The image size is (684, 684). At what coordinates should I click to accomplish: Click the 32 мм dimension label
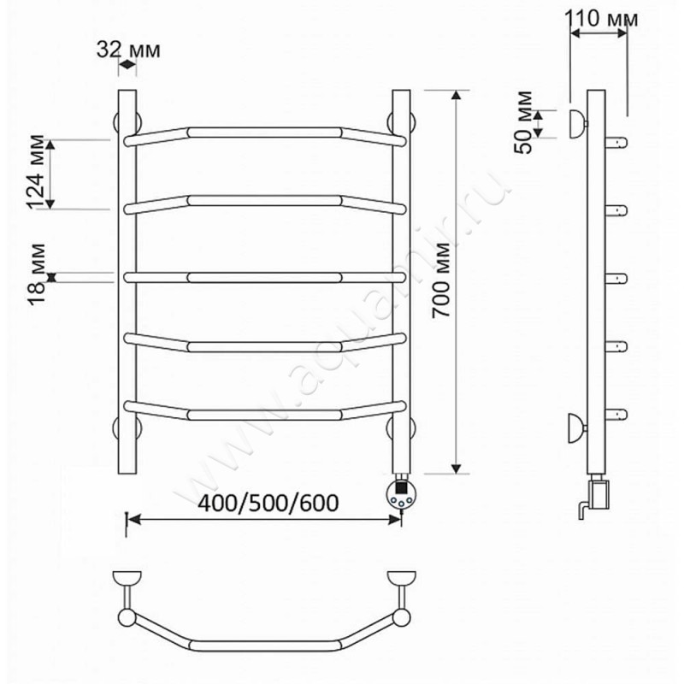coord(128,50)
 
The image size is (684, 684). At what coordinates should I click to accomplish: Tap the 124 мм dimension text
coord(35,173)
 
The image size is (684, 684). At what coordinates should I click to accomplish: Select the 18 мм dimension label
coord(36,274)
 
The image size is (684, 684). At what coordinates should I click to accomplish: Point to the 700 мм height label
coord(440,280)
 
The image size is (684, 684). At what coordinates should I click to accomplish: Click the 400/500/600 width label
coord(268,503)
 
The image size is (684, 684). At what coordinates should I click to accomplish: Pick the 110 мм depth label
coord(601,19)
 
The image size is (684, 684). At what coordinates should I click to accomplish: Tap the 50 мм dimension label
coord(523,122)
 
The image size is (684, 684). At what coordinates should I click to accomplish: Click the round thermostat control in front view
coord(401,495)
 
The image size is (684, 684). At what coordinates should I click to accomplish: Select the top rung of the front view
coord(265,133)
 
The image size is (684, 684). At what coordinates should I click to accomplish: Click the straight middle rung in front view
coord(265,277)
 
